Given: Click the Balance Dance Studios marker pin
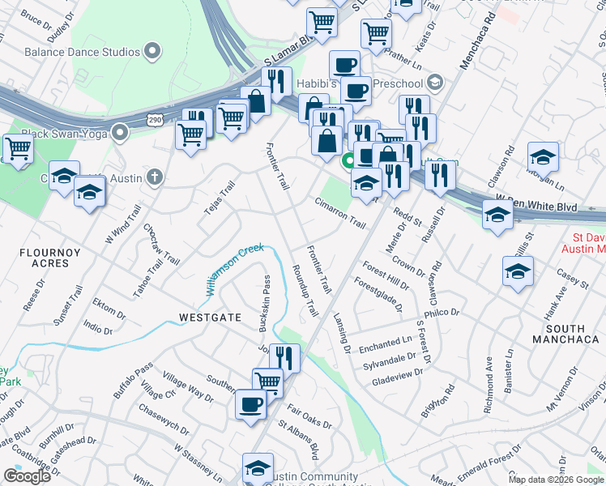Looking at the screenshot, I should (x=151, y=52).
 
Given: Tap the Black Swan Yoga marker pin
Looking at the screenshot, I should (x=121, y=131).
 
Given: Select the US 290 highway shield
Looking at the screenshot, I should (x=154, y=120).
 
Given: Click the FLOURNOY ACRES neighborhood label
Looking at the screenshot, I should (x=50, y=258).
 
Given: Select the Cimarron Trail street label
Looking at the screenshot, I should (x=340, y=212).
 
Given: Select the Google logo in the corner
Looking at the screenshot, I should (x=27, y=475).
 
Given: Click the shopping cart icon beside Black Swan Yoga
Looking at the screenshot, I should (x=18, y=148).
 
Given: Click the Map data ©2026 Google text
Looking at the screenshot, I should (x=556, y=480).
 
